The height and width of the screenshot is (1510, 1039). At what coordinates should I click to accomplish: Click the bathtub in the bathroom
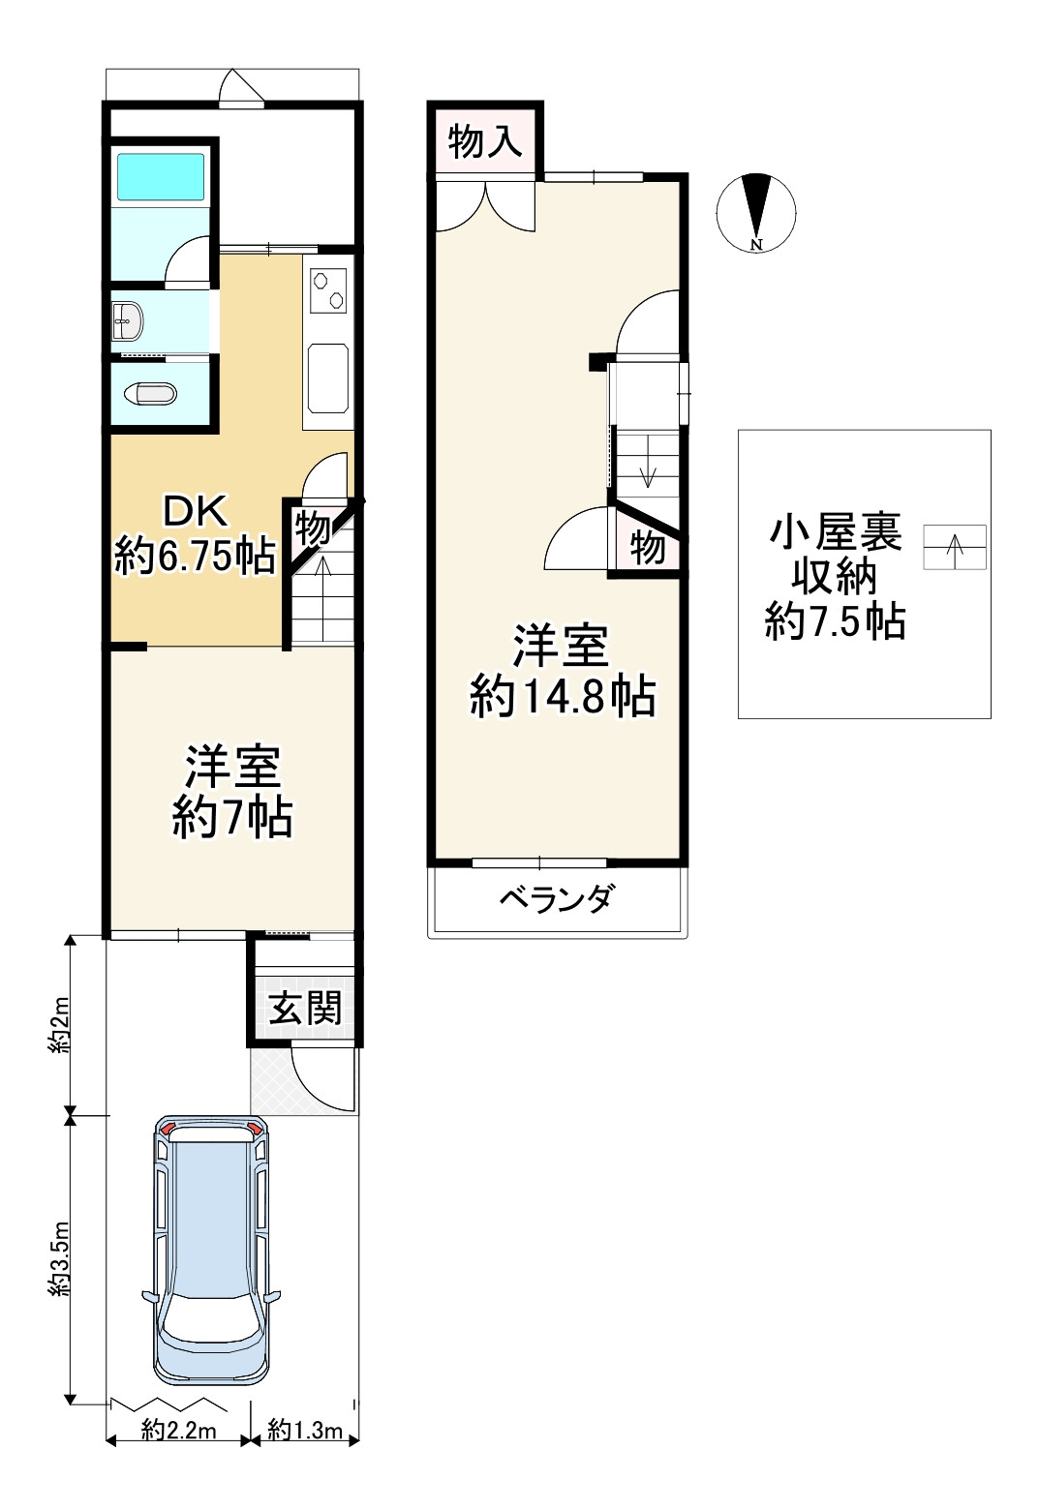coord(161,176)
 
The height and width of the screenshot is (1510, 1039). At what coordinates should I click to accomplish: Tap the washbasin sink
coord(128,321)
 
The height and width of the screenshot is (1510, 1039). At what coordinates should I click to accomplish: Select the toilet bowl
coord(150,394)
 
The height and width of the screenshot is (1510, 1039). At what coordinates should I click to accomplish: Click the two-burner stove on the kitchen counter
coord(328,290)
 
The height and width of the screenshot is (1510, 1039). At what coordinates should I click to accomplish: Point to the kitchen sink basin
coord(328,377)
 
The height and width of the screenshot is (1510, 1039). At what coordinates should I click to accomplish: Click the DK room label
coord(196,512)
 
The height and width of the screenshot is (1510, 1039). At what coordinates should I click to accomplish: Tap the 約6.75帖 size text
coord(196,557)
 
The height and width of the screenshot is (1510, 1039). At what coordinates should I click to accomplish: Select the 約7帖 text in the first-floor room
coord(231,818)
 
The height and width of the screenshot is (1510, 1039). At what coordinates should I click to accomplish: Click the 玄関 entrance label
coord(305,1009)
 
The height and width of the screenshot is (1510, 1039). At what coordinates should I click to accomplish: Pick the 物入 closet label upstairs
coord(485,142)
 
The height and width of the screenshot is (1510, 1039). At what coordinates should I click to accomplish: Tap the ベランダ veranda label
coord(557,898)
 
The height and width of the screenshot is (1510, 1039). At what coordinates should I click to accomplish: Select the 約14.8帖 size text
coord(563,697)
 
